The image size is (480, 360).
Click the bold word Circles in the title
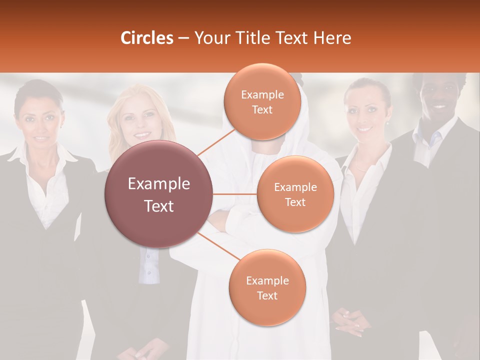[x=146, y=38]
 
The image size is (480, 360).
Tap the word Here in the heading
[x=332, y=38]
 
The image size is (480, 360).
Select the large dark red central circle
[x=159, y=194]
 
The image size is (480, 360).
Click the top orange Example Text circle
[x=262, y=101]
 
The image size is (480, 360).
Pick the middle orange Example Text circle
[x=295, y=194]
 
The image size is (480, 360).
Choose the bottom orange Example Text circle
[x=267, y=287]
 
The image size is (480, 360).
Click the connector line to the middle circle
[x=235, y=194]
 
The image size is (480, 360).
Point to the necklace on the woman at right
[x=361, y=168]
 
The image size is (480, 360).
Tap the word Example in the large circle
[x=159, y=184]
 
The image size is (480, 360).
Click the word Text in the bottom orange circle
[x=267, y=295]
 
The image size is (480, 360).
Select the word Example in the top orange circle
[x=262, y=94]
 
